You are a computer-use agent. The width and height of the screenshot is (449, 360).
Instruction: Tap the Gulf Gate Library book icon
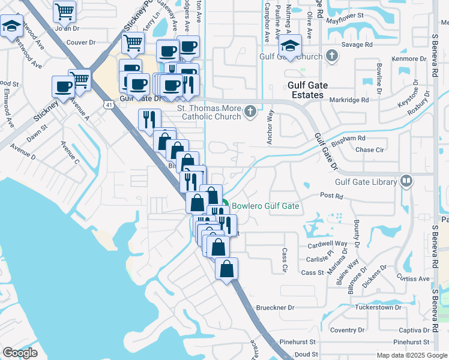click(x=406, y=181)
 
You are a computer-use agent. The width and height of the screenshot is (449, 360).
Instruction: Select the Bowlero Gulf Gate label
click(x=265, y=206)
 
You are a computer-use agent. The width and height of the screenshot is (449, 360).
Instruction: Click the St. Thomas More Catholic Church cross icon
click(x=250, y=112)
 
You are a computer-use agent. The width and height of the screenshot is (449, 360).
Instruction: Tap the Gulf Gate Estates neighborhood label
click(x=314, y=91)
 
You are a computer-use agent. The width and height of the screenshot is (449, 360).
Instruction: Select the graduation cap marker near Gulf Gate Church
click(x=290, y=45)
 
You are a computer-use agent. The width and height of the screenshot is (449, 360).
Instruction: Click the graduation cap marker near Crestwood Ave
click(x=11, y=26)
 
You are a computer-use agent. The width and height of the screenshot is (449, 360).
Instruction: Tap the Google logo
click(x=20, y=352)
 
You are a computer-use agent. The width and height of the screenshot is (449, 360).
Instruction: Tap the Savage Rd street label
click(x=358, y=44)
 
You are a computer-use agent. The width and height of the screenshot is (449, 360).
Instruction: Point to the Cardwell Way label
click(x=328, y=244)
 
